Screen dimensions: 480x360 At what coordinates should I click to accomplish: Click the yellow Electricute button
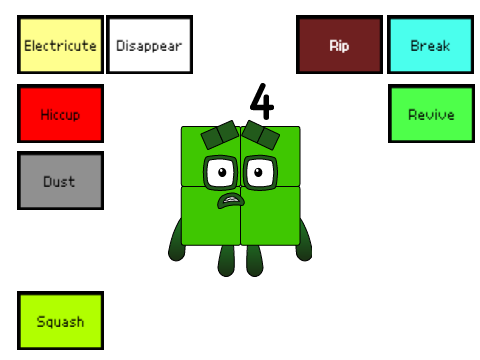tap(60, 44)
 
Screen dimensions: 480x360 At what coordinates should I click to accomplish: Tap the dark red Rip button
tap(339, 44)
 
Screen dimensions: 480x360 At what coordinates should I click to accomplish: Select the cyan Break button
tap(430, 44)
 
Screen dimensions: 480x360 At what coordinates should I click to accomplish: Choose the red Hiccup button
tap(60, 114)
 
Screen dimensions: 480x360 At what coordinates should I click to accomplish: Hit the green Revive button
tap(431, 114)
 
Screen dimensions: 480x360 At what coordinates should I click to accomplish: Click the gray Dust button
tap(60, 180)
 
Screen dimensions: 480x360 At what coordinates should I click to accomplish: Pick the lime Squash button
tap(60, 320)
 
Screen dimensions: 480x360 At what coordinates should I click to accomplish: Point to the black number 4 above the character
tap(262, 101)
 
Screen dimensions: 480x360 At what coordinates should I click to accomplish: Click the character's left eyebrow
tap(220, 134)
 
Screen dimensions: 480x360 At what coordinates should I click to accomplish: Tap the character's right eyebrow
tap(261, 134)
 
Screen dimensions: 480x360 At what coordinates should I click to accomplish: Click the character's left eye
tap(220, 173)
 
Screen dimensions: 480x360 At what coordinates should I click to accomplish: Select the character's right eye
tap(260, 173)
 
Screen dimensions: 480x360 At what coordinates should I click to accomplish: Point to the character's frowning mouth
tap(231, 200)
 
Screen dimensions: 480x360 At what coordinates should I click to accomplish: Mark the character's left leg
tap(226, 261)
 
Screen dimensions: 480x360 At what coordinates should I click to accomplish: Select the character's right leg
tap(255, 261)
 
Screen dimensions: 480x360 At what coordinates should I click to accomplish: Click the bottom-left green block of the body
tap(211, 216)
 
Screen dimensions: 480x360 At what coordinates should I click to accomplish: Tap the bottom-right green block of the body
tap(270, 216)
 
